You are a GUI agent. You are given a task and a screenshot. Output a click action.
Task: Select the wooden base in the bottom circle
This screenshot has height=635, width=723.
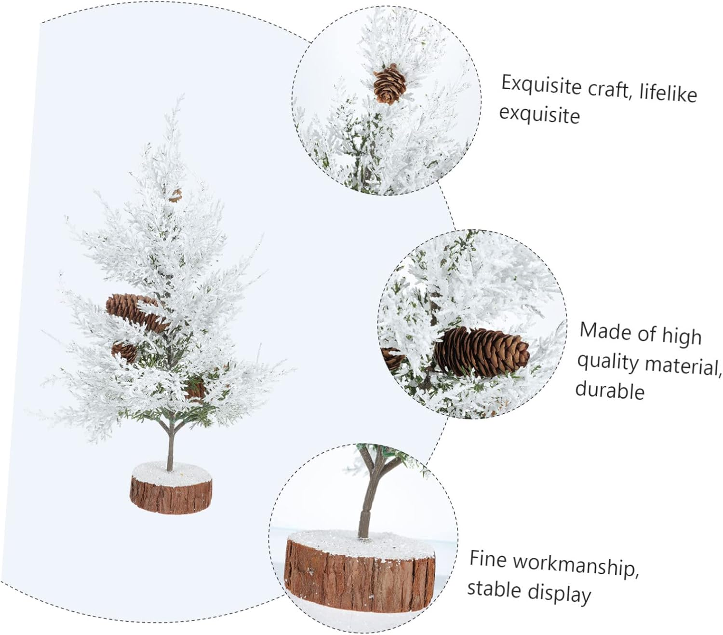[x=360, y=574]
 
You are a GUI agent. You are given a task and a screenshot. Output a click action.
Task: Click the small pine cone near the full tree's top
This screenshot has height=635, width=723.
[x=175, y=195]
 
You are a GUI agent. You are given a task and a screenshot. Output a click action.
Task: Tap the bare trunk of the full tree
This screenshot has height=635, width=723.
[x=169, y=446]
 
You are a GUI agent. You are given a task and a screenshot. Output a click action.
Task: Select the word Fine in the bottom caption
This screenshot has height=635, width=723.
[x=488, y=559]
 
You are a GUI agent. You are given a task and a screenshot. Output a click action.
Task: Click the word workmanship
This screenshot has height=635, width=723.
[x=576, y=565]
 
